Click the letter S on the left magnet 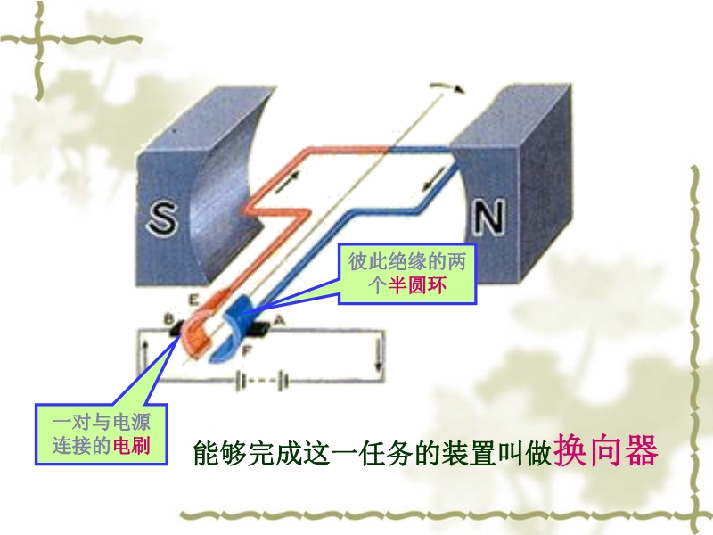pyautogui.click(x=162, y=218)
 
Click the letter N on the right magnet pyautogui.click(x=488, y=217)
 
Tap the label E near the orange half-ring pyautogui.click(x=193, y=300)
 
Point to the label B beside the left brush pyautogui.click(x=169, y=319)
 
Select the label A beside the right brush pyautogui.click(x=279, y=321)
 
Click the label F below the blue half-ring pyautogui.click(x=247, y=350)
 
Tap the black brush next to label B pyautogui.click(x=177, y=328)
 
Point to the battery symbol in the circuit pyautogui.click(x=262, y=382)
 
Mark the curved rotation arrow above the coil pyautogui.click(x=448, y=86)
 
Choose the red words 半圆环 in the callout pyautogui.click(x=416, y=285)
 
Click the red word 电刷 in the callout pyautogui.click(x=132, y=445)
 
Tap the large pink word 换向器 pyautogui.click(x=605, y=451)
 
